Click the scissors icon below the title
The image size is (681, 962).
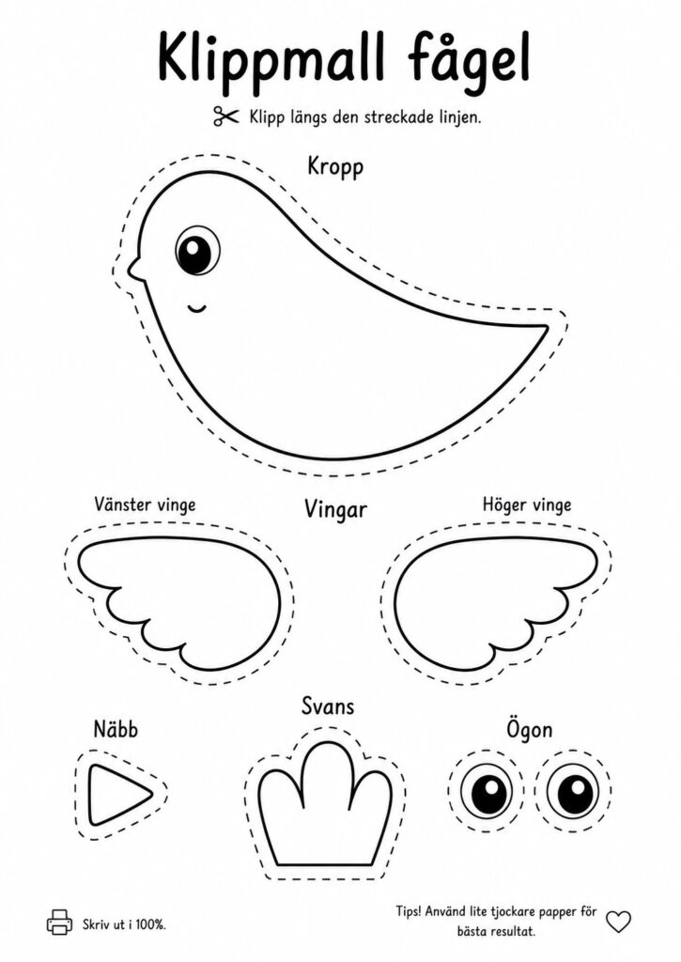[x=225, y=116]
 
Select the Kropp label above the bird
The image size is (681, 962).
[x=335, y=167]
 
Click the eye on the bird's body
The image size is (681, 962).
[x=197, y=248]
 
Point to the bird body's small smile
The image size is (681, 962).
[x=197, y=307]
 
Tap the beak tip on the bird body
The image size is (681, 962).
[x=130, y=269]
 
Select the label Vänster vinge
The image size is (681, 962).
[x=145, y=504]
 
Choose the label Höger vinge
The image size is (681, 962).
[x=526, y=504]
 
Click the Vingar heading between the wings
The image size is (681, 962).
[x=335, y=509]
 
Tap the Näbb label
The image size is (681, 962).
[x=116, y=729]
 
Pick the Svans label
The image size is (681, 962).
[x=328, y=706]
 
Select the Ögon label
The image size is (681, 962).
[x=530, y=730]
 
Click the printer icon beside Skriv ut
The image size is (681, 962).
[x=59, y=922]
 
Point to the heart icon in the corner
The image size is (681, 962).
[x=618, y=921]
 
